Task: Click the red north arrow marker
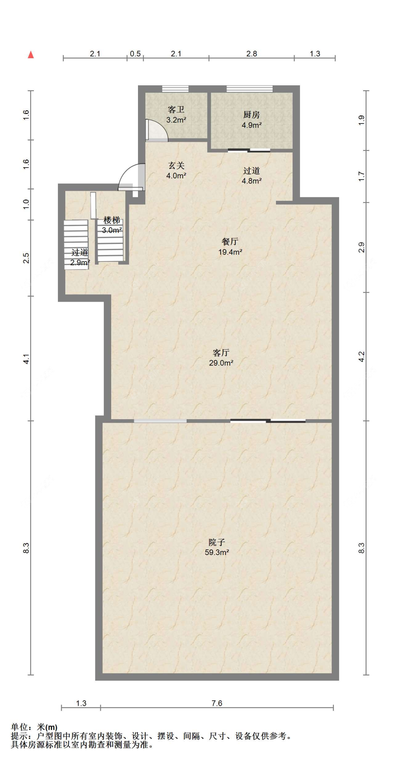pyautogui.click(x=31, y=55)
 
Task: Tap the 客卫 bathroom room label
pyautogui.click(x=176, y=110)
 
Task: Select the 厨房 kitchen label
pyautogui.click(x=252, y=115)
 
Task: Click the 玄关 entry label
pyautogui.click(x=176, y=166)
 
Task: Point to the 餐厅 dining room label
pyautogui.click(x=230, y=242)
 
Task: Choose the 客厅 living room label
pyautogui.click(x=221, y=353)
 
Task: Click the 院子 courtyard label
pyautogui.click(x=217, y=542)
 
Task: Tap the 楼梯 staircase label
pyautogui.click(x=112, y=221)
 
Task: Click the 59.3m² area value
pyautogui.click(x=217, y=553)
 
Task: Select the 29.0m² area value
pyautogui.click(x=221, y=363)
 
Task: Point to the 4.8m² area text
pyautogui.click(x=252, y=181)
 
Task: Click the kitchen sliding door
pyautogui.click(x=249, y=151)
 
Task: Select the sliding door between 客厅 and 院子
pyautogui.click(x=268, y=421)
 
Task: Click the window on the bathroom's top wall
pyautogui.click(x=175, y=89)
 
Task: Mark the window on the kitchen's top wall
pyautogui.click(x=249, y=89)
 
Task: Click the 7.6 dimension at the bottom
pyautogui.click(x=217, y=703)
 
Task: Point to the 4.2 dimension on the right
pyautogui.click(x=361, y=357)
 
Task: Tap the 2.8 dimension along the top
pyautogui.click(x=252, y=54)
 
